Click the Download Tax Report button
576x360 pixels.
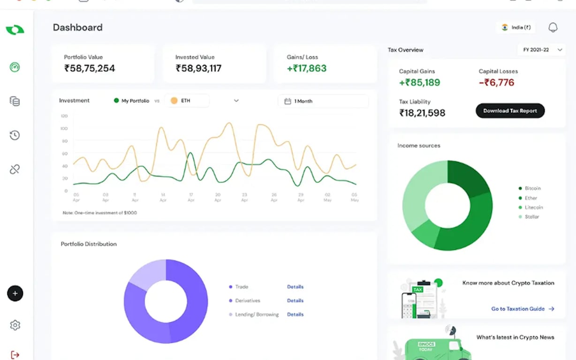(x=510, y=111)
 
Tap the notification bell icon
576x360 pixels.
(x=553, y=28)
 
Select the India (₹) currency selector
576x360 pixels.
(x=515, y=28)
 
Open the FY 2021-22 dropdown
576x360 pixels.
(x=542, y=50)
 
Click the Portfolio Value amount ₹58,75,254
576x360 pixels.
(x=90, y=68)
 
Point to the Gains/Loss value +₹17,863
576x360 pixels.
(x=306, y=68)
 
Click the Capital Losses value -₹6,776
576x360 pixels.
(x=496, y=83)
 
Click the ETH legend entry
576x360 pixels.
(x=186, y=101)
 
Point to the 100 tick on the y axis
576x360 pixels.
(x=64, y=128)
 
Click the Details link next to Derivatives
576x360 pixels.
(x=295, y=300)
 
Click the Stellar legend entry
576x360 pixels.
(x=532, y=217)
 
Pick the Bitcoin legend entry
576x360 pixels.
(x=532, y=188)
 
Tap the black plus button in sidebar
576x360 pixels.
(x=15, y=293)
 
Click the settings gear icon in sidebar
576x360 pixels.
(x=15, y=325)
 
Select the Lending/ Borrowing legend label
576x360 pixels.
(x=257, y=315)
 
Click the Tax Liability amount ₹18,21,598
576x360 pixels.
(x=422, y=113)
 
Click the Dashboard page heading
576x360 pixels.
(x=77, y=28)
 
